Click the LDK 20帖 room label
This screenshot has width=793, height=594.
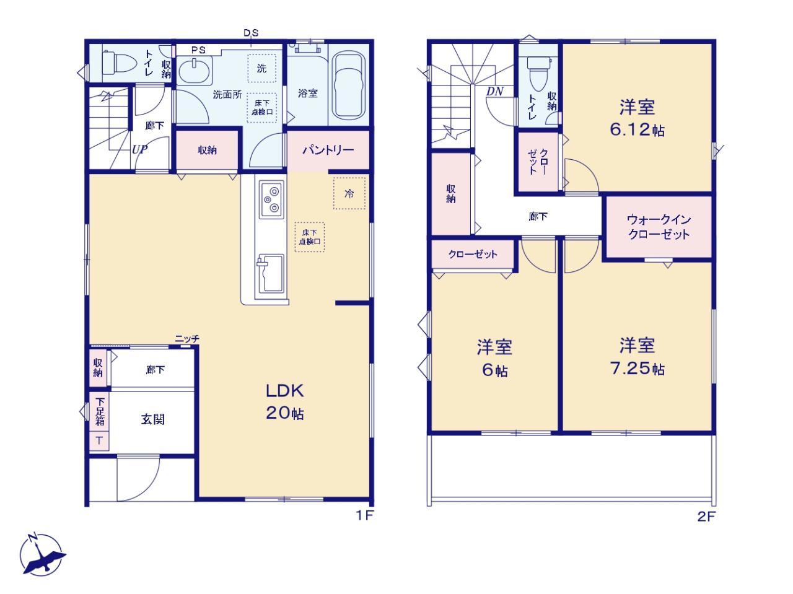[285, 401]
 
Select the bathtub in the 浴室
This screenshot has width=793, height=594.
[348, 86]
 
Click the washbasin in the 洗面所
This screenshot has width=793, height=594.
[194, 71]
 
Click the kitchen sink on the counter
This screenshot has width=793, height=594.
[271, 273]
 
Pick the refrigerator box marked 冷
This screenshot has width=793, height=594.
[349, 193]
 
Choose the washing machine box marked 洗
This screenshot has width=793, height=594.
[261, 68]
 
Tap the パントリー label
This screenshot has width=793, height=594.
[328, 150]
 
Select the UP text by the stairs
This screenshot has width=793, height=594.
[139, 149]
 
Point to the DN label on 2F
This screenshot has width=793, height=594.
[494, 92]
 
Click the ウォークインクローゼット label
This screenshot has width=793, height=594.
[659, 227]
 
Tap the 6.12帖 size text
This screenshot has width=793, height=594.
[637, 130]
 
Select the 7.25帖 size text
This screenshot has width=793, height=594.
[637, 369]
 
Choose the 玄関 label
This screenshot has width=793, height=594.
[153, 419]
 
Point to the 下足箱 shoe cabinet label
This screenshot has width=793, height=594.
[100, 412]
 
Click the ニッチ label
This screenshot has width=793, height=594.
[187, 339]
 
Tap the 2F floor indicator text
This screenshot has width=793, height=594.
[706, 517]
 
